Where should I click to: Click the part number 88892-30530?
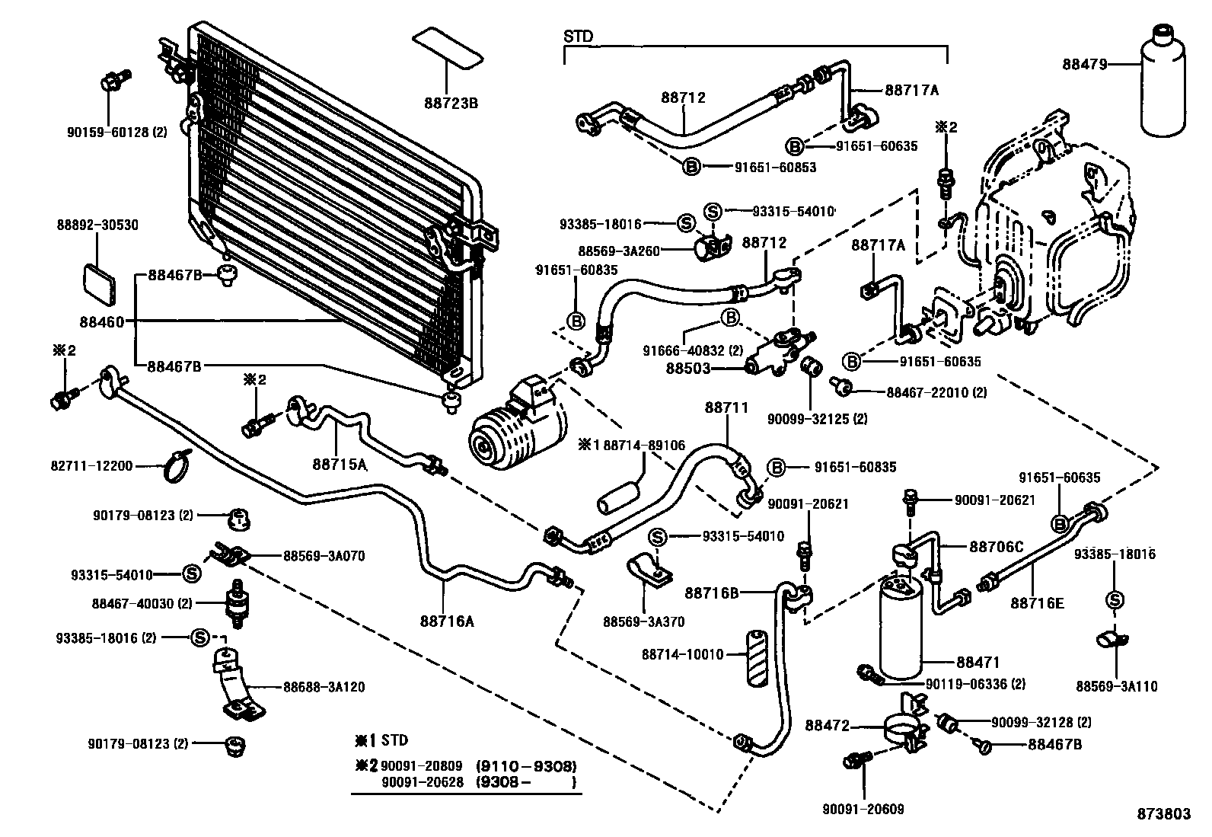tap(97, 225)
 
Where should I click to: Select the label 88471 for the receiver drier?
tap(978, 663)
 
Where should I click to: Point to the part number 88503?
tap(688, 368)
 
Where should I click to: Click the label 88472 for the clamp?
tap(827, 727)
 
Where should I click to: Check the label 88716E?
tap(1037, 604)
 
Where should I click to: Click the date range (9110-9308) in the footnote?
tap(526, 765)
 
